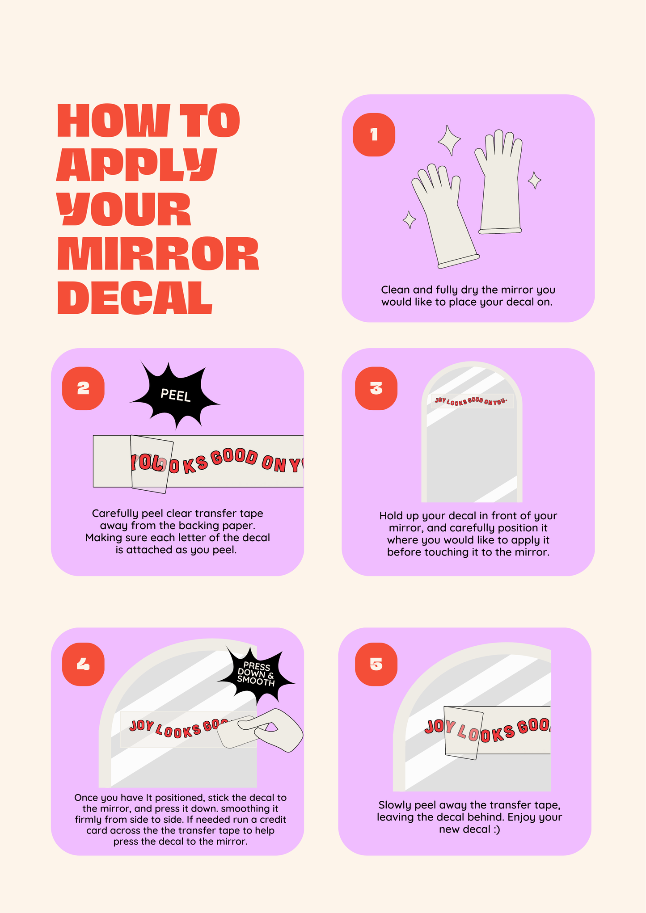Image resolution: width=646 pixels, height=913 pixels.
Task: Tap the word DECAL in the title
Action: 135,298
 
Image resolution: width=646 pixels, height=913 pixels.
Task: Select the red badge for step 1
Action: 374,135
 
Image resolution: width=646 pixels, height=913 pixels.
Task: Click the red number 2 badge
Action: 83,388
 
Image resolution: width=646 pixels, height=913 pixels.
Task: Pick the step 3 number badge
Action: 376,388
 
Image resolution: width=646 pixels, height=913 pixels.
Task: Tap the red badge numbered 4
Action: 83,664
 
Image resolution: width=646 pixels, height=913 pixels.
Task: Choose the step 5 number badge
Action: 376,664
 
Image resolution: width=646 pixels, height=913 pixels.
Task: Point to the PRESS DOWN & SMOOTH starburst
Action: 256,675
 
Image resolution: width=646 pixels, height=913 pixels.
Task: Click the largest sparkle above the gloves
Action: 449,140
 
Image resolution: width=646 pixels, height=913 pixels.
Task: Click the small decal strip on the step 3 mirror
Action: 472,401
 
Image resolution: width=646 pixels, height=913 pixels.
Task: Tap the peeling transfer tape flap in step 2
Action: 152,464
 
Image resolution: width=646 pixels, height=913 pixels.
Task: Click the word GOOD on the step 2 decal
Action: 234,457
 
